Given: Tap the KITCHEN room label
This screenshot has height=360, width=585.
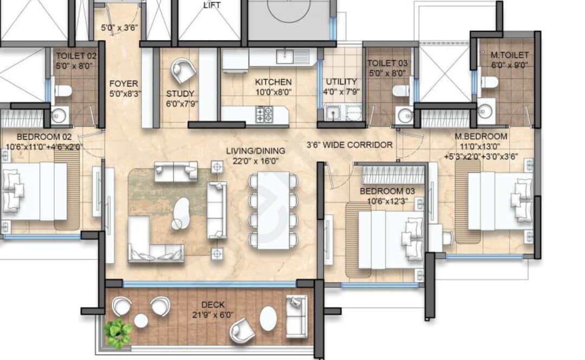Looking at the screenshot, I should click(274, 82).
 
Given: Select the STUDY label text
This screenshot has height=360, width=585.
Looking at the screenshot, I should click(180, 93).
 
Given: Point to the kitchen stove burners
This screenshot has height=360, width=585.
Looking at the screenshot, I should click(264, 114).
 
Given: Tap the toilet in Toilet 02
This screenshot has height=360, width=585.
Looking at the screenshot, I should click(62, 90).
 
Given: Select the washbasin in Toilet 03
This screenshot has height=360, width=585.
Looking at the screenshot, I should click(404, 115).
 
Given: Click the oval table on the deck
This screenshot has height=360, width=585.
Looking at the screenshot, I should click(268, 318).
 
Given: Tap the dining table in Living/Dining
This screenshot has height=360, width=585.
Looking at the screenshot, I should click(273, 210).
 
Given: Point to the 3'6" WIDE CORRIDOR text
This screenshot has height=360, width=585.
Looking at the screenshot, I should click(349, 145).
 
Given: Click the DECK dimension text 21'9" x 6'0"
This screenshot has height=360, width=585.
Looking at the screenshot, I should click(212, 315).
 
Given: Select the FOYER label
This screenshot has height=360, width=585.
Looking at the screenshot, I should click(123, 84).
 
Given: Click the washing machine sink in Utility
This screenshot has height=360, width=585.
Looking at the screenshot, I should click(332, 113).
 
